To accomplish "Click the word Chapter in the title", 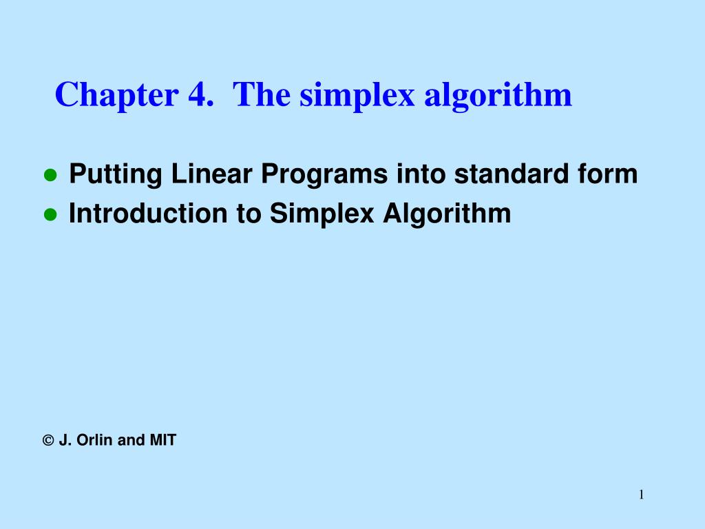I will coord(115,94).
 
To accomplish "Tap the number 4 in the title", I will coord(194,94).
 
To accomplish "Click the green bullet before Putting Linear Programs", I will coord(50,176).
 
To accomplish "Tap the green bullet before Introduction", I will coord(50,215).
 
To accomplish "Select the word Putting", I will coord(115,175).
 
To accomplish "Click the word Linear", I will coord(213,174).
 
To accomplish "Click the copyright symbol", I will coord(48,440).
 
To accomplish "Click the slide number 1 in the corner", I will coord(641,494).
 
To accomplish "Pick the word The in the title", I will coord(258,94).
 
